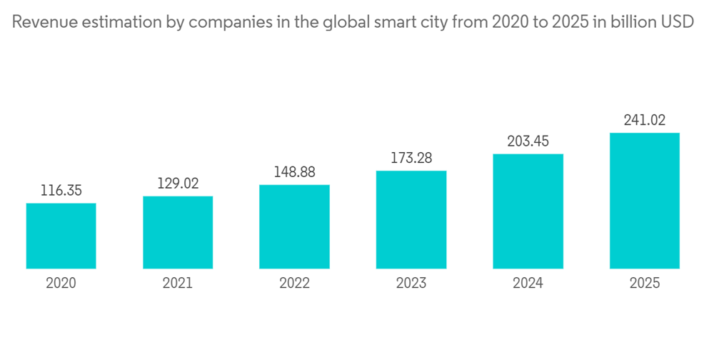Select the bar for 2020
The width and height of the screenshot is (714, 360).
tap(61, 236)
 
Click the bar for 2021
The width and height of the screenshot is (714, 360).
tap(178, 232)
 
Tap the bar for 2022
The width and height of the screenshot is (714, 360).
tap(294, 226)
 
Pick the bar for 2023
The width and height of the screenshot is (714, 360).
tap(411, 219)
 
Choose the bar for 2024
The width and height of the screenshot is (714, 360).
tap(528, 211)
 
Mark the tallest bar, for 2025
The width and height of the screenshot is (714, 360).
tap(644, 201)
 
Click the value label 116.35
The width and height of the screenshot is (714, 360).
tap(61, 191)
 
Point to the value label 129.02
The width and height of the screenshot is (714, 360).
tap(178, 184)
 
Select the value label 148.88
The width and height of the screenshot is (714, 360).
tap(294, 172)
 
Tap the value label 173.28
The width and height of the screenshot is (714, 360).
tap(411, 158)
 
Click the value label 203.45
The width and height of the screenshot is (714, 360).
tap(528, 141)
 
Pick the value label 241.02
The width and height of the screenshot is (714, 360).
tap(644, 120)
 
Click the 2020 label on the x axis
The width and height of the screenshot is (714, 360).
tap(61, 284)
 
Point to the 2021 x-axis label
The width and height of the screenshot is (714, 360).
tap(178, 284)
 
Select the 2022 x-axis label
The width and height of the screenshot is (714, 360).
tap(294, 284)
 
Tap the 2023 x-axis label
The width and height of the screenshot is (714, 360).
tap(411, 284)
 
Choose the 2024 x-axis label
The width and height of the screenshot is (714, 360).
tap(528, 284)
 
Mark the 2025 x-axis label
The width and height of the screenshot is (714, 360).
tap(644, 284)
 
